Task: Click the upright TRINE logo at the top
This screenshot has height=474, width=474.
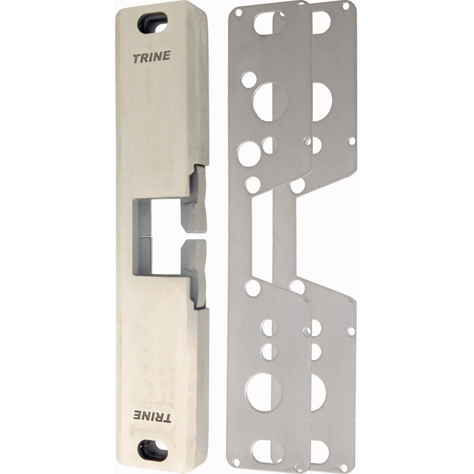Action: coord(152,57)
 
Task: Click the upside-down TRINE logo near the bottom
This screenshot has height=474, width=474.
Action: coord(152,417)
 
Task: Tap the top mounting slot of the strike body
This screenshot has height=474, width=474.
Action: coord(152,23)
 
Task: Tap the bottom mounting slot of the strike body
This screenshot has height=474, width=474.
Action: coord(153,450)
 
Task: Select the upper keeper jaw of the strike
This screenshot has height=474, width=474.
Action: coord(194,200)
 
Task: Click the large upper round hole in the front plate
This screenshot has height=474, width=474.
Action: coord(270,102)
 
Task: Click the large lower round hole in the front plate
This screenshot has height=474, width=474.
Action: coord(264,392)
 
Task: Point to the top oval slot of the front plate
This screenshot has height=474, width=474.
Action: coord(270,23)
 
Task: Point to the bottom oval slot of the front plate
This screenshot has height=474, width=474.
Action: coord(268,451)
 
